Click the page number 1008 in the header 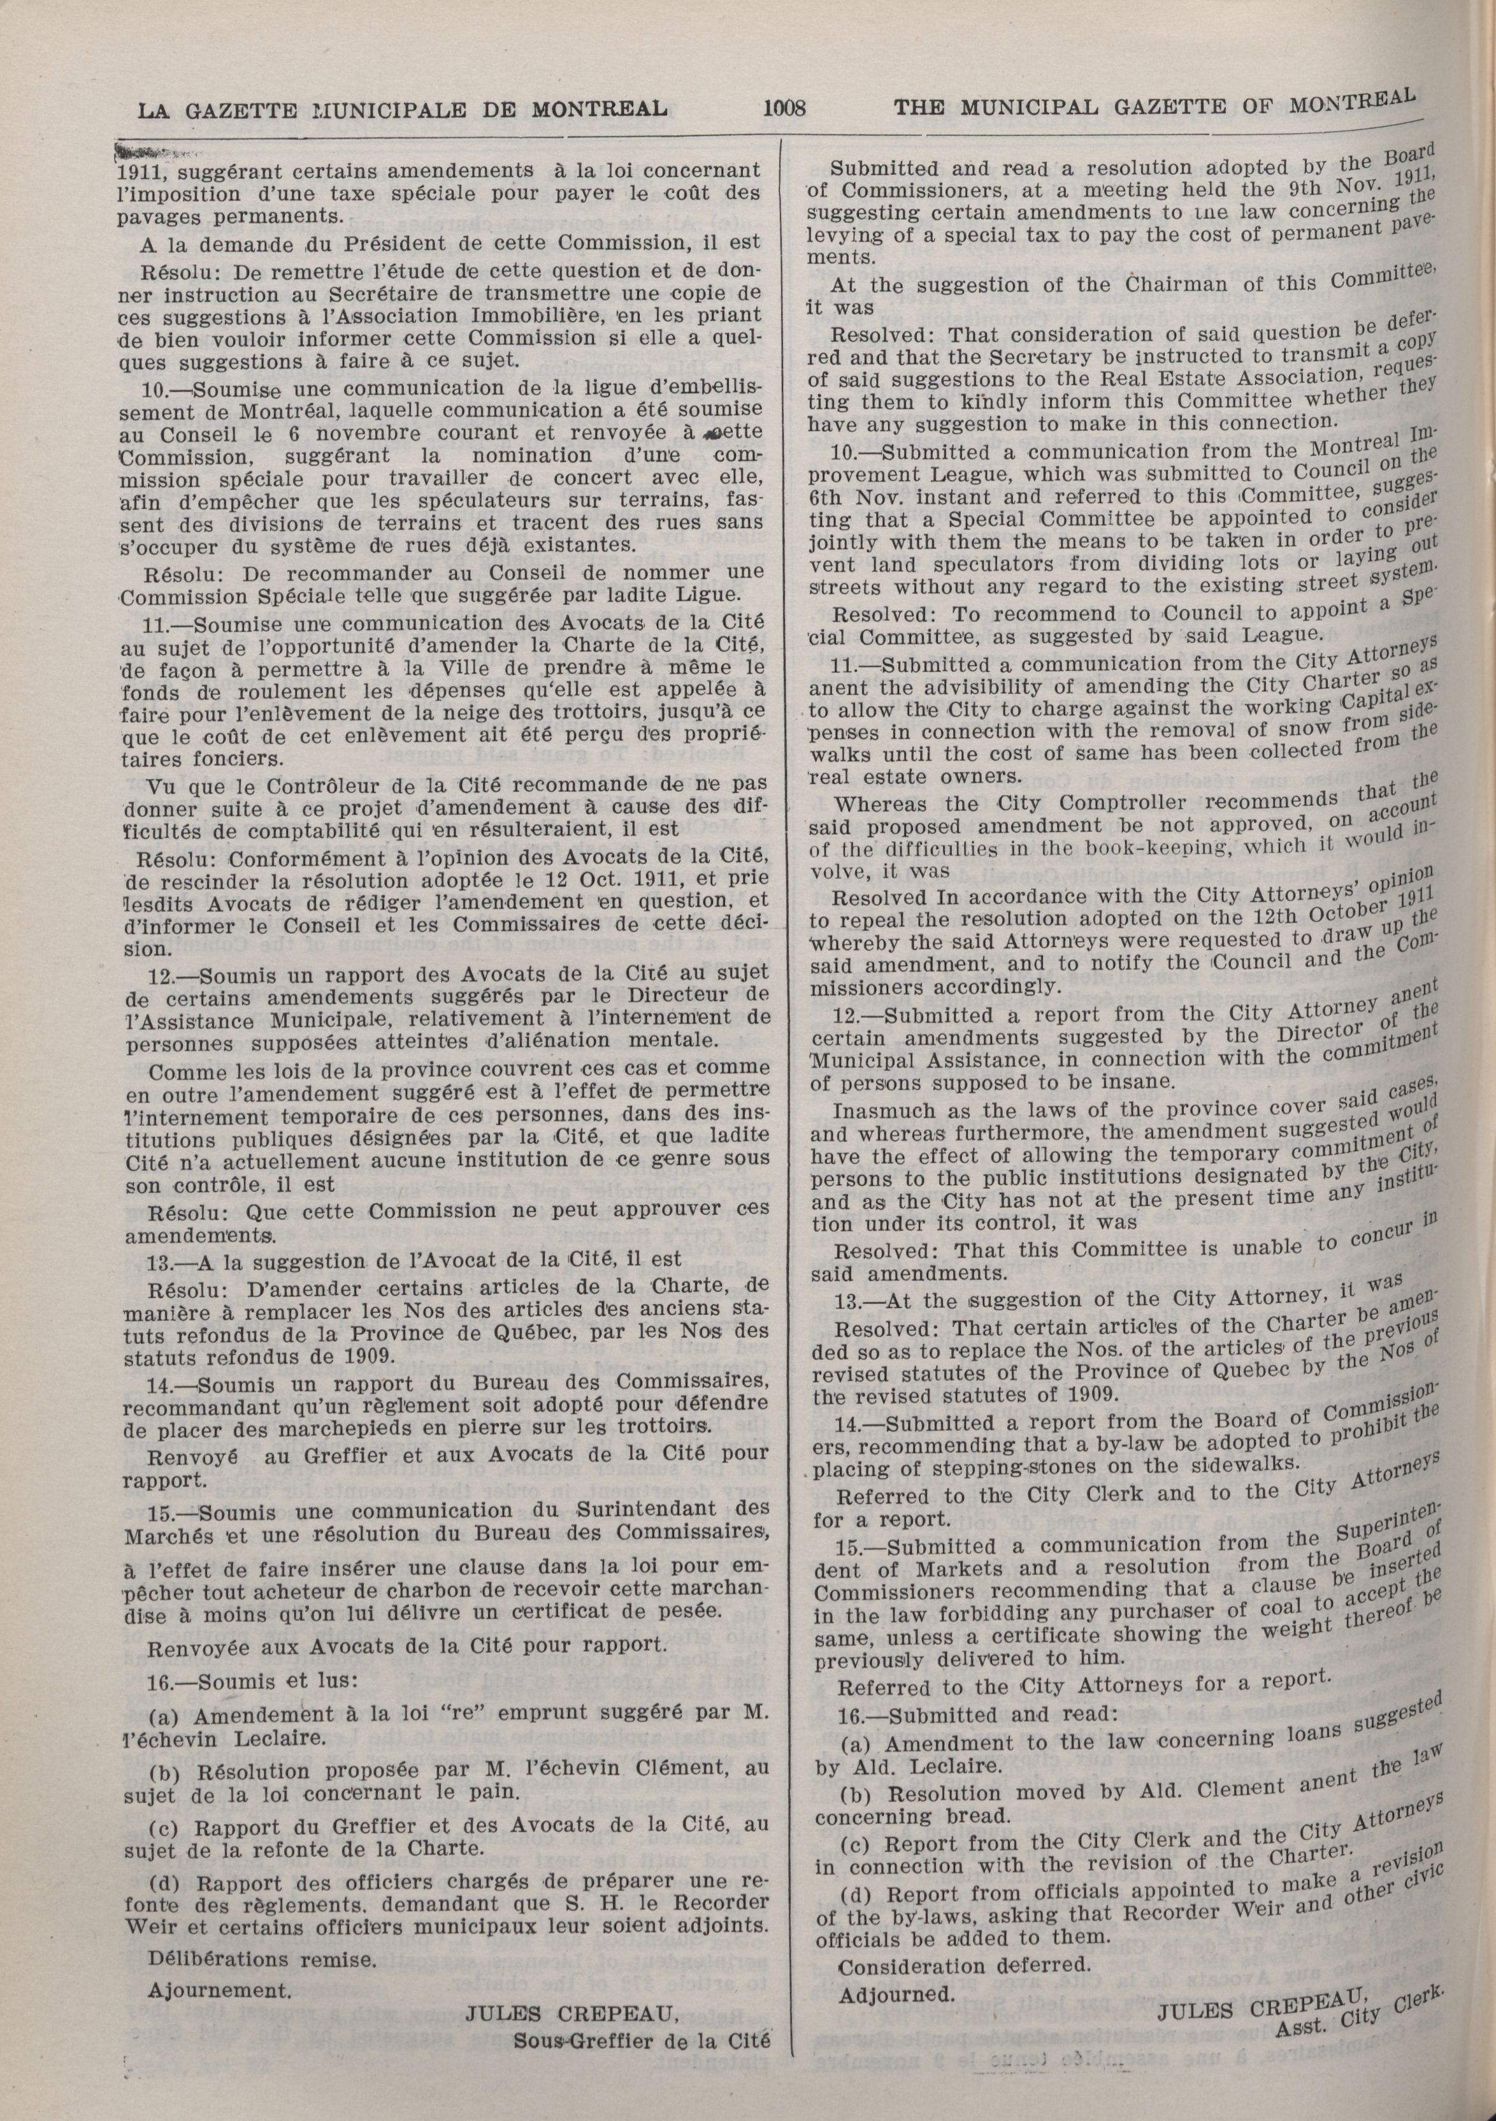pos(785,109)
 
